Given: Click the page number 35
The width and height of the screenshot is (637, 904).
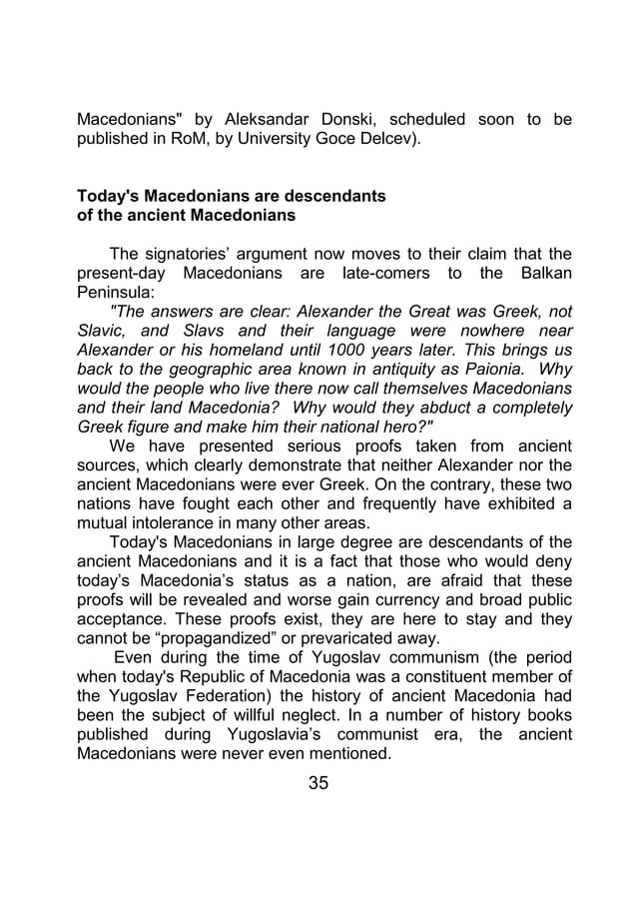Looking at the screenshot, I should pyautogui.click(x=318, y=782).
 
